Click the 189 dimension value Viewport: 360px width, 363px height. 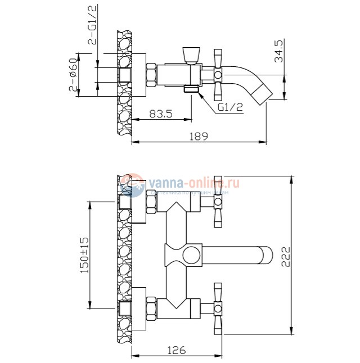click(199, 135)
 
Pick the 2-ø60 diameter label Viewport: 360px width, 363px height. click(73, 75)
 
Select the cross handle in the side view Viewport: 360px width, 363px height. click(218, 73)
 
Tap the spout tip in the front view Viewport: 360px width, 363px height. click(265, 256)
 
